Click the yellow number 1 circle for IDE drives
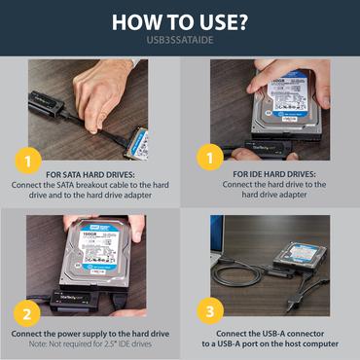point(206,155)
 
